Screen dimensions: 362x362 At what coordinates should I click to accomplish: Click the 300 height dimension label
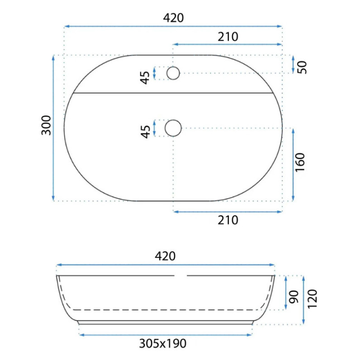click(x=46, y=125)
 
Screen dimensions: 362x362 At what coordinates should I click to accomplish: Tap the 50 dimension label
click(x=302, y=67)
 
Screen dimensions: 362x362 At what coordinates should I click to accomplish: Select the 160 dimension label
click(x=300, y=162)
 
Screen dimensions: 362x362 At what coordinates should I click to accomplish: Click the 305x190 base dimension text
click(x=163, y=343)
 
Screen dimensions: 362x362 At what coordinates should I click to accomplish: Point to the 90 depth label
click(x=294, y=297)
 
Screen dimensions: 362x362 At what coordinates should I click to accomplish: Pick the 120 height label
click(x=312, y=299)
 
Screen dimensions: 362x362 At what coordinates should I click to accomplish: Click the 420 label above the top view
click(x=173, y=18)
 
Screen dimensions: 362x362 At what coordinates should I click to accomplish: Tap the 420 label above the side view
click(x=165, y=256)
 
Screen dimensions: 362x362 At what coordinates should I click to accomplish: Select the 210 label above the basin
click(x=228, y=37)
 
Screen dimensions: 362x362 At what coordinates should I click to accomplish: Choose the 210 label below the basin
click(x=228, y=220)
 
